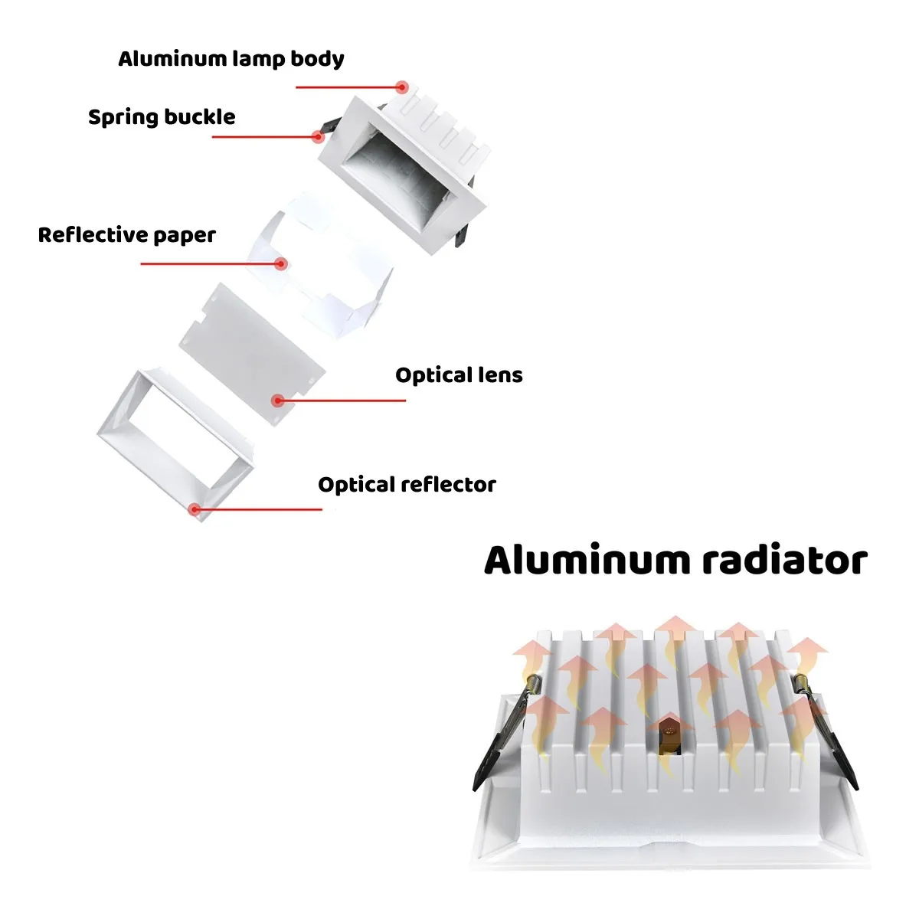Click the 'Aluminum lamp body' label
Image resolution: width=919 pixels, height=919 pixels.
(231, 59)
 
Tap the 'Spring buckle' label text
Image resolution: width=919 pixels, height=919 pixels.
(162, 117)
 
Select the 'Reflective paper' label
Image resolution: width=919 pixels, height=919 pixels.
(127, 235)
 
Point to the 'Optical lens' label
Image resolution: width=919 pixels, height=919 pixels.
(459, 375)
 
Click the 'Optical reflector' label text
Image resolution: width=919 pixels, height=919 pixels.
(407, 485)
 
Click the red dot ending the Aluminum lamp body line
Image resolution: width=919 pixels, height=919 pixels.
(403, 87)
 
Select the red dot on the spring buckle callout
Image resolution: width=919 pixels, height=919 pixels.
(318, 137)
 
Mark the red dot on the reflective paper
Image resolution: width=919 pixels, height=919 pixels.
(281, 263)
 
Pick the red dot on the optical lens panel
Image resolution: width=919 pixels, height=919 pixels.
(277, 401)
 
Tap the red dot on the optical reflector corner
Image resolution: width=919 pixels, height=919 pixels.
(194, 509)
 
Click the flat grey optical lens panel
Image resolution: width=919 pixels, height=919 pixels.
(252, 354)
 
